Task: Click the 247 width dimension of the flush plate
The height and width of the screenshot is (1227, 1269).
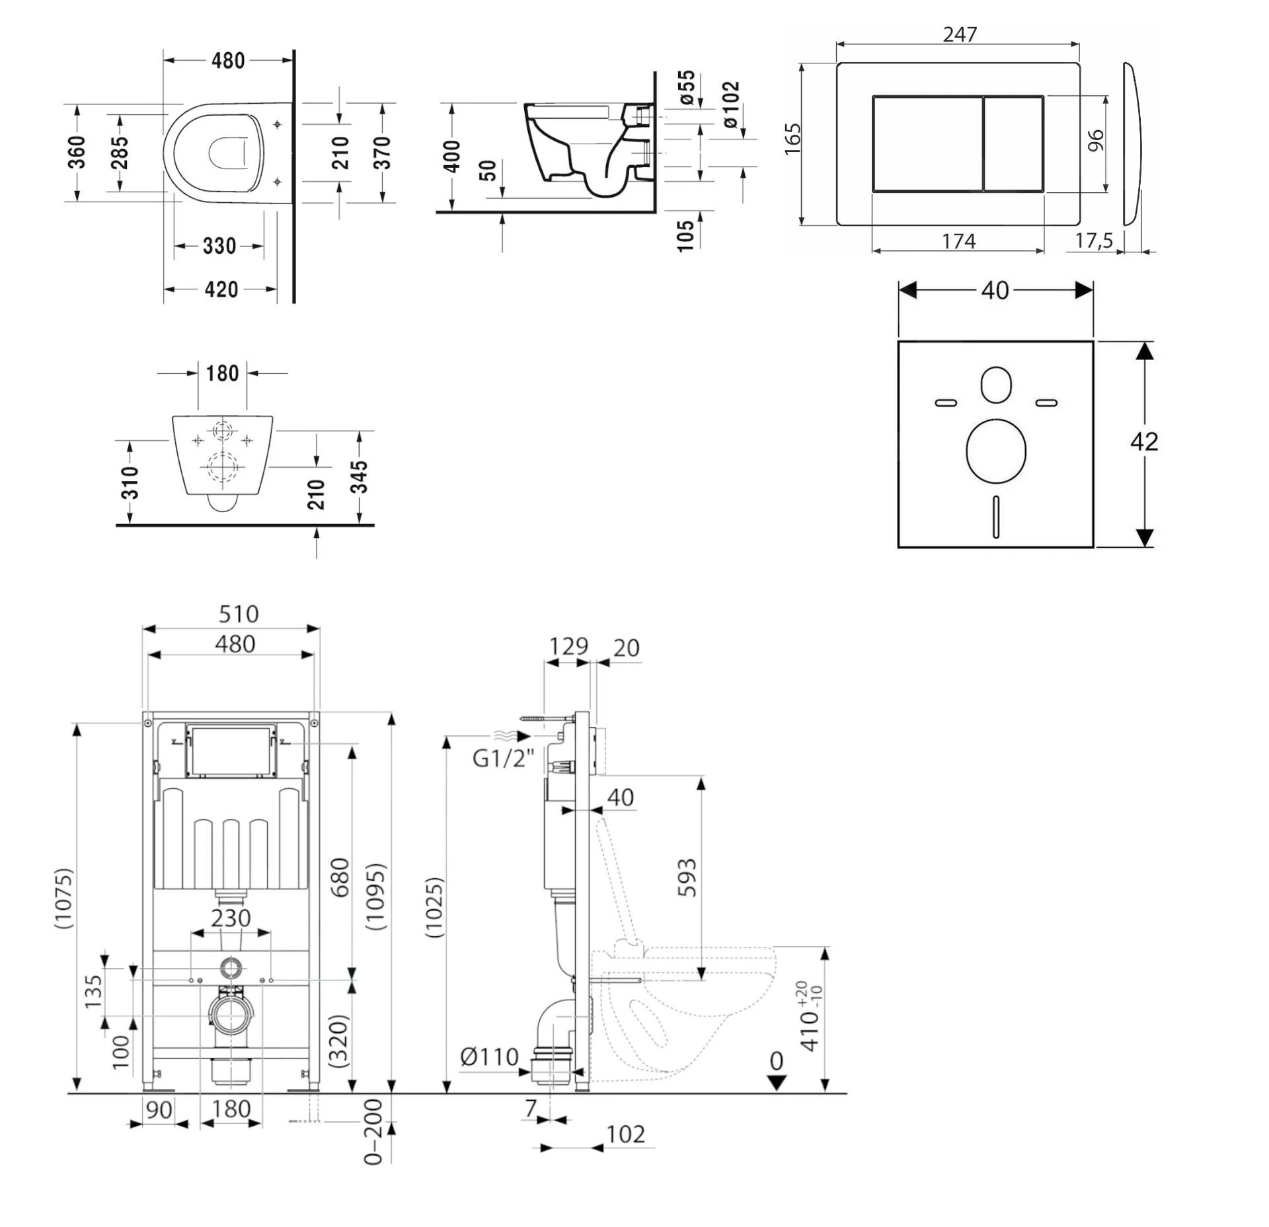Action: tap(959, 34)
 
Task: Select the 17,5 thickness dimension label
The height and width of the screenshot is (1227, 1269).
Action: tap(1094, 241)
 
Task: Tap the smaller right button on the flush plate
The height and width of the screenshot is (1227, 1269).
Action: tap(1013, 144)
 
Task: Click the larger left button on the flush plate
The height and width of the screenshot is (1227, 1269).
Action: tap(927, 144)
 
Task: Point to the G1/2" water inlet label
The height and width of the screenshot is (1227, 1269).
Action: tap(503, 758)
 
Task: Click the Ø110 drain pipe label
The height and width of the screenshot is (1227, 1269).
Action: tap(489, 1057)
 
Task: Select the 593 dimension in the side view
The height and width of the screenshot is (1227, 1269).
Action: tap(687, 877)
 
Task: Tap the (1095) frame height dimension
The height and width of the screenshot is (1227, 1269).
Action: tap(375, 897)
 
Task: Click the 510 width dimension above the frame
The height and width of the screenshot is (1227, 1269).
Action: tap(238, 614)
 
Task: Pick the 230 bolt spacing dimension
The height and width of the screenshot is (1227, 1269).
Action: tap(231, 918)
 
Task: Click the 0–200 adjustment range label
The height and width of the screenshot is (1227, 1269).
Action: tap(373, 1131)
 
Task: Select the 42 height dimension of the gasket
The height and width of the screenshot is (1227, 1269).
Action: tap(1144, 441)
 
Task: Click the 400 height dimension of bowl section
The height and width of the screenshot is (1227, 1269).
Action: tap(452, 156)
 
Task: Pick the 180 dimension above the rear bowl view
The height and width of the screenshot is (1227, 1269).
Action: tap(222, 373)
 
